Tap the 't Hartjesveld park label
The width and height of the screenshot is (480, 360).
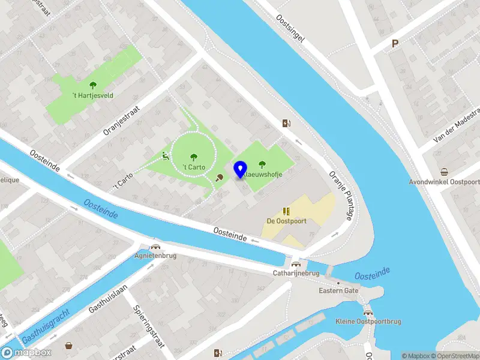click(93, 95)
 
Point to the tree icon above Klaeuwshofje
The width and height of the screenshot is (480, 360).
click(262, 164)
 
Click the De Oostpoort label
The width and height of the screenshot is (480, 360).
click(286, 221)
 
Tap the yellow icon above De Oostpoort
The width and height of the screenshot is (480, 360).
click(286, 211)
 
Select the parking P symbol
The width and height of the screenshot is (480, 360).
click(395, 43)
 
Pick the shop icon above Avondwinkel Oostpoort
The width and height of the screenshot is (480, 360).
click(444, 172)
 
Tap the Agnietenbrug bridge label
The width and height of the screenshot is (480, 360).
click(155, 254)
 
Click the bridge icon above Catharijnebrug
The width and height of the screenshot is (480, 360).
click(295, 263)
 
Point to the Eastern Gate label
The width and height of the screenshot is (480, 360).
click(338, 290)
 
